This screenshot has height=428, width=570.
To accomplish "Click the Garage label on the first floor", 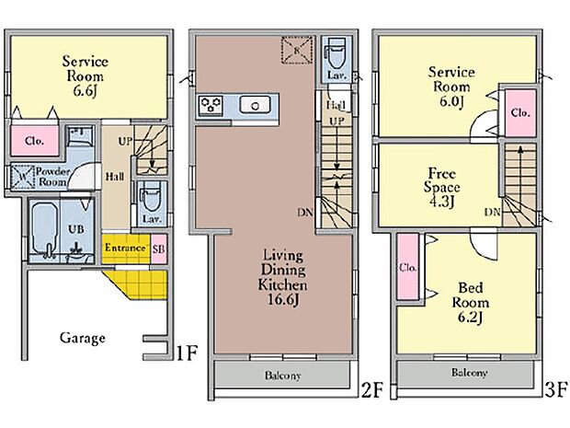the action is pyautogui.click(x=83, y=338).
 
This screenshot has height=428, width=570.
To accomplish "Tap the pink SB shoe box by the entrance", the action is pyautogui.click(x=159, y=249).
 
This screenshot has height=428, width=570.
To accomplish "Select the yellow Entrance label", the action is pyautogui.click(x=125, y=248).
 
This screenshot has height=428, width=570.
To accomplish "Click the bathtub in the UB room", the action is pyautogui.click(x=45, y=229).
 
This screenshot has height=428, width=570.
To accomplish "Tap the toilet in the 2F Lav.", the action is pyautogui.click(x=336, y=54).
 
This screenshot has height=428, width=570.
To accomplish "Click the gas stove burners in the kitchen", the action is pyautogui.click(x=211, y=106).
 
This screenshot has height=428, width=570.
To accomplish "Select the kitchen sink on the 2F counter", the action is pyautogui.click(x=256, y=105).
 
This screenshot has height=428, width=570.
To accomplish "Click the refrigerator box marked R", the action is pyautogui.click(x=297, y=51).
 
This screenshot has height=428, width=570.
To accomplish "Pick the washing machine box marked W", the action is pyautogui.click(x=23, y=178).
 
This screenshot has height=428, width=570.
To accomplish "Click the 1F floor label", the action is pyautogui.click(x=187, y=353).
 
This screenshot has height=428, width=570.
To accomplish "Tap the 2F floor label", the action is pyautogui.click(x=372, y=390).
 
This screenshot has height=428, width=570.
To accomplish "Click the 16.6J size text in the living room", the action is pyautogui.click(x=283, y=299).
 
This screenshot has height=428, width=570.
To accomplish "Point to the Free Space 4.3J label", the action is pyautogui.click(x=441, y=187).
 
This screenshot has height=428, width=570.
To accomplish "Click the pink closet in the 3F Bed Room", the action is pyautogui.click(x=408, y=267).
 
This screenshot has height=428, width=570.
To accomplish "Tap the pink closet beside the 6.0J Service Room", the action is pyautogui.click(x=520, y=113).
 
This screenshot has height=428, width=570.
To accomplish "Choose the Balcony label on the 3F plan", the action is pyautogui.click(x=469, y=373).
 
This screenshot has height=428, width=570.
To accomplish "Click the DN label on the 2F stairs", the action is pyautogui.click(x=305, y=213).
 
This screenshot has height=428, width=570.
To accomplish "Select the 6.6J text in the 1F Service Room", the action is pyautogui.click(x=85, y=91).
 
